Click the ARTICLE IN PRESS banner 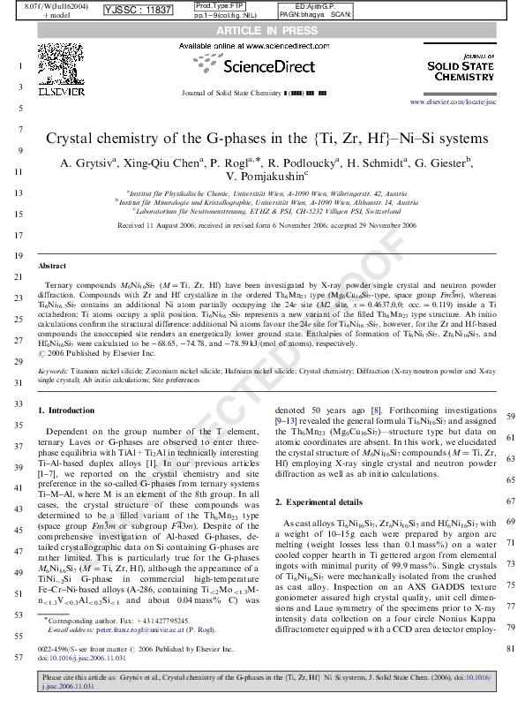[x=263, y=29]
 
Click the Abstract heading [x=53, y=266]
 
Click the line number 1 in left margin [x=19, y=66]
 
